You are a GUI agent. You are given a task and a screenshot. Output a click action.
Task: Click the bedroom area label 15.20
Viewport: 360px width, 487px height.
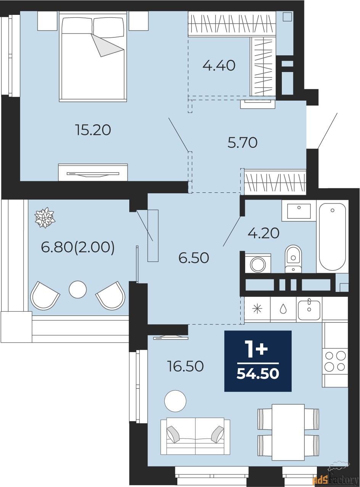coord(93,130)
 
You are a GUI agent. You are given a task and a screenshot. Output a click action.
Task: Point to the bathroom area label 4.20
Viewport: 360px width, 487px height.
coord(264,232)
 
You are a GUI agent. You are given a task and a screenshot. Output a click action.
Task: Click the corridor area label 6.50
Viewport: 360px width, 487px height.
coord(194,258)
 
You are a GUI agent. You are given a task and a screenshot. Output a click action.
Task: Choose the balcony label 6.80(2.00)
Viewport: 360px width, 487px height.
coord(78,248)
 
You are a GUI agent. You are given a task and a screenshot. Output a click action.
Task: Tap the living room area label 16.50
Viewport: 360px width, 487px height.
coord(185,367)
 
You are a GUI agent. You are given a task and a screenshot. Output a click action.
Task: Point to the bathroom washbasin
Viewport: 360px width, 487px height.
coord(299,211)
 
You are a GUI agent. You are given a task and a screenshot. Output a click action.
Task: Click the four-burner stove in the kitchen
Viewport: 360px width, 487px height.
coord(335,361)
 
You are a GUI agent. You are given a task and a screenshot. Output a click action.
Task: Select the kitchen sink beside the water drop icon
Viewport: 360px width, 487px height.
coord(309,309)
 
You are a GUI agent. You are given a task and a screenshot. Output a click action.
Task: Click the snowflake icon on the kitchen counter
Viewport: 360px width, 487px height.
coord(257,309)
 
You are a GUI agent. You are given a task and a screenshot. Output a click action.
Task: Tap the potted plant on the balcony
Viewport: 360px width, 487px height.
coord(45,218)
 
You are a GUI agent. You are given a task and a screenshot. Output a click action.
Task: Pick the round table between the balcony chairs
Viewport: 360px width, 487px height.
coord(78,290)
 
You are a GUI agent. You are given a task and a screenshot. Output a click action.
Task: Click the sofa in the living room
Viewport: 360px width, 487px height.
coord(195,436)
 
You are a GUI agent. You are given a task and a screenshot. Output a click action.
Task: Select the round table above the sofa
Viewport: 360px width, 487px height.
coord(175,401)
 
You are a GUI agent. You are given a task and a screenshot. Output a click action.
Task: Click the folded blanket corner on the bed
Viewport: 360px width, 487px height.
coord(106,45)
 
